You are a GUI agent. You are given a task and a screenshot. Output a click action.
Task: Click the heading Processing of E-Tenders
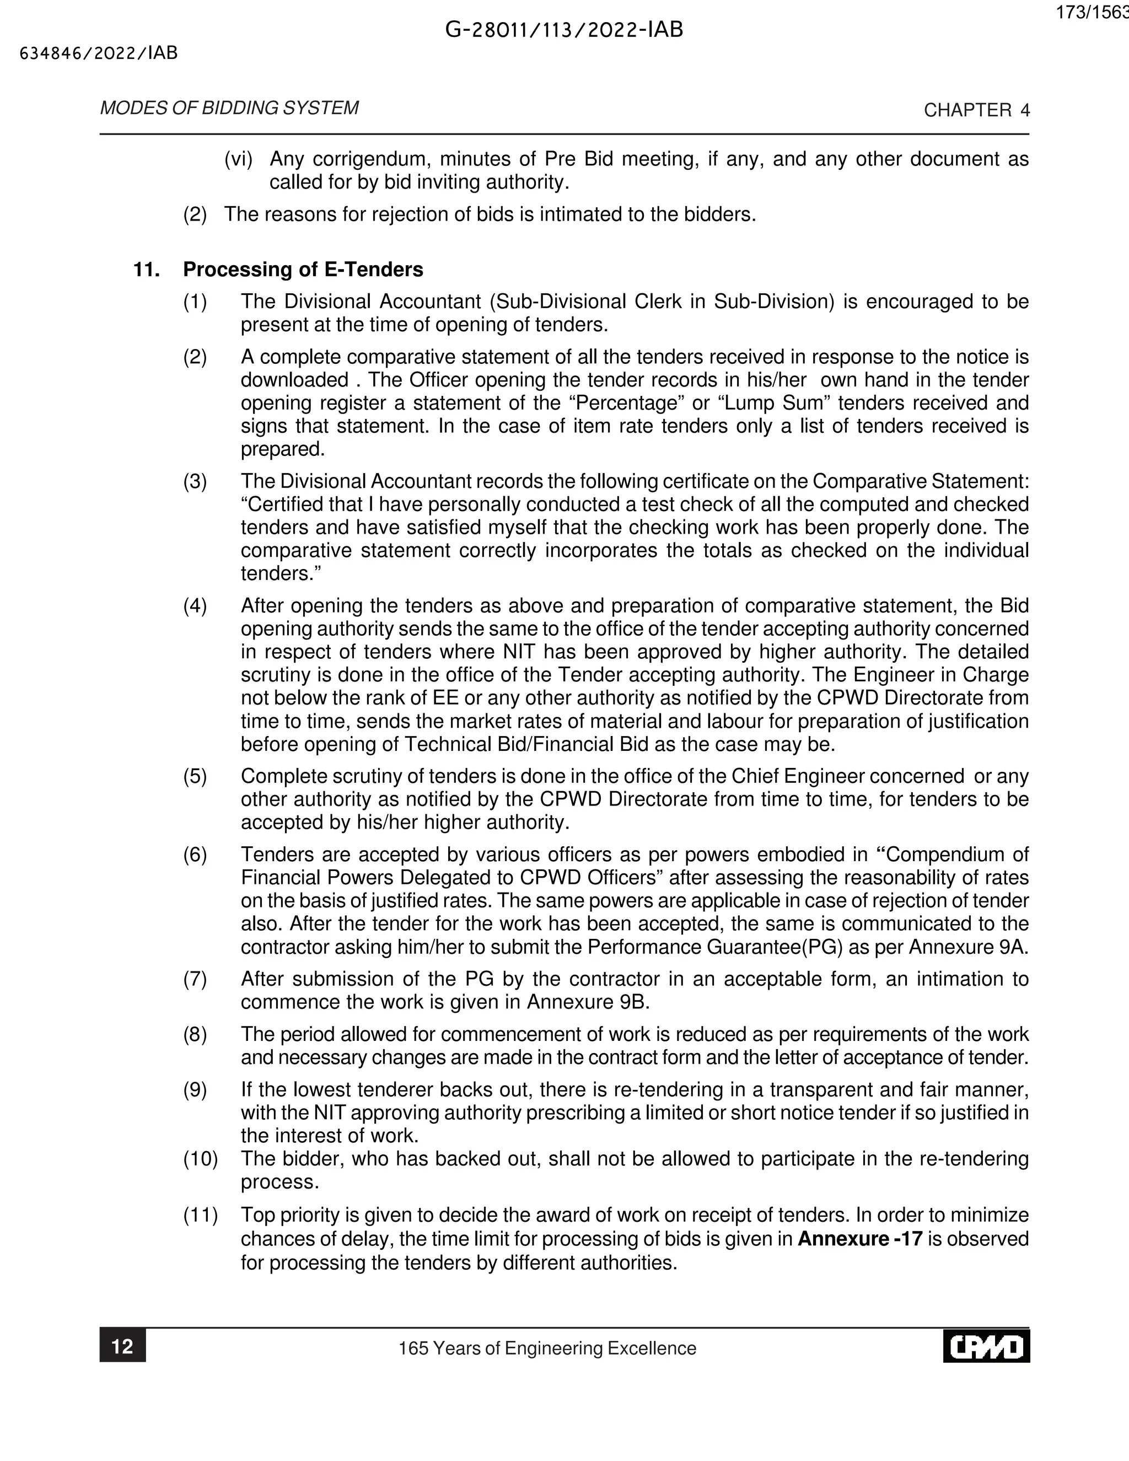[x=303, y=270]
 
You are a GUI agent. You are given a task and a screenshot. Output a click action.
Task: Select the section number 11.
[x=147, y=270]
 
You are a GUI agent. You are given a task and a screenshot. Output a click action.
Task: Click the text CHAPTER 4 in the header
[x=976, y=110]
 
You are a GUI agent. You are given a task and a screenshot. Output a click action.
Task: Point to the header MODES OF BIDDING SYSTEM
[x=229, y=108]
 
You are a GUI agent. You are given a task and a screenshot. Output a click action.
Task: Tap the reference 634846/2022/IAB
[x=99, y=53]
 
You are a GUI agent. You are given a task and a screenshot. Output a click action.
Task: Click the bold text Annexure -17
[x=860, y=1239]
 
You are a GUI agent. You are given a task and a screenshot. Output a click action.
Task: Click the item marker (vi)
[x=238, y=159]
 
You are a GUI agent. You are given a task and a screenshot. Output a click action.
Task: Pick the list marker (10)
[x=201, y=1159]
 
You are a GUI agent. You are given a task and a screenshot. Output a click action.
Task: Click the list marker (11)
[x=201, y=1216]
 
